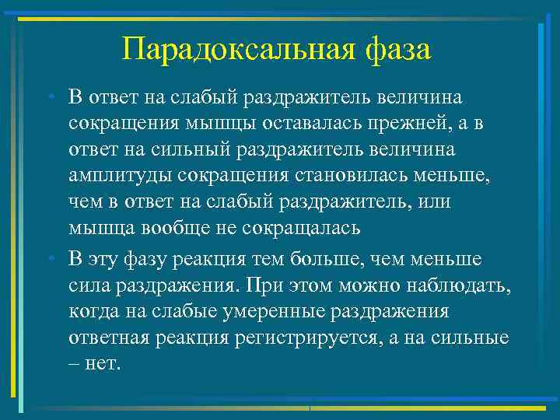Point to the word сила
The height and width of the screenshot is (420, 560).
click(88, 285)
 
